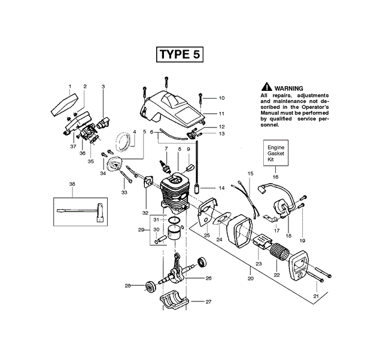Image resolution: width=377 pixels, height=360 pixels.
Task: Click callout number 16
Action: [275, 177]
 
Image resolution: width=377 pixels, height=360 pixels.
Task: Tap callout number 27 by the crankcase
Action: [208, 301]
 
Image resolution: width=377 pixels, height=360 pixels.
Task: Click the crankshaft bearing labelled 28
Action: [148, 286]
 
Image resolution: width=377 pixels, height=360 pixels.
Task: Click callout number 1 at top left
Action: [69, 87]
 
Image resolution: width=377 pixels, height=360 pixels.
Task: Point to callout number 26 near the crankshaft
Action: [208, 277]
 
